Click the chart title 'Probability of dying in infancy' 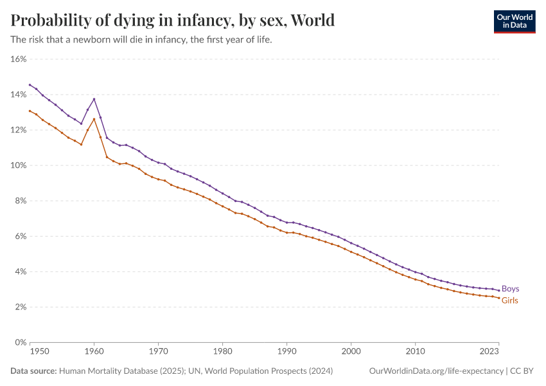(x=173, y=21)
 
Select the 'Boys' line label (x=510, y=289)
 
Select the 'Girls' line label (x=509, y=300)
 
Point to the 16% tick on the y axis (x=18, y=59)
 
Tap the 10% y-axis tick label (x=18, y=165)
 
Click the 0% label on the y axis (x=20, y=342)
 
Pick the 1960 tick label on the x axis (x=94, y=352)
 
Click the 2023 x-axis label (x=489, y=352)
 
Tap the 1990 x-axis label (x=287, y=352)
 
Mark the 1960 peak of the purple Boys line (x=94, y=99)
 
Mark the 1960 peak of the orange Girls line (x=94, y=119)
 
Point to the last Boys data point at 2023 (x=498, y=291)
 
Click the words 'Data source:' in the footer (x=33, y=371)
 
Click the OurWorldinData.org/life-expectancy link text (x=437, y=371)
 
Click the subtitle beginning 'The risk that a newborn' (x=142, y=40)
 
